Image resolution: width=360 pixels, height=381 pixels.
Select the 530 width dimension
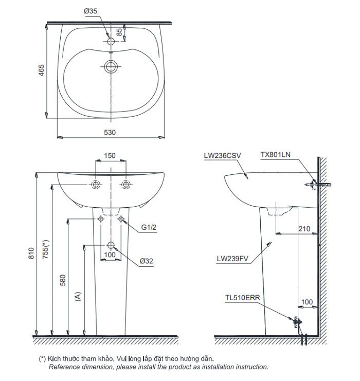coord(110,132)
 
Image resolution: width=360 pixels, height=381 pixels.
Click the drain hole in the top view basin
coord(110,66)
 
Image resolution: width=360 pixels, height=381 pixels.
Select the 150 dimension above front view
coord(110,155)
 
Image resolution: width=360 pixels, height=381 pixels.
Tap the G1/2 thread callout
coord(149,228)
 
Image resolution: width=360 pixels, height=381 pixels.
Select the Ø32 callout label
coord(147,261)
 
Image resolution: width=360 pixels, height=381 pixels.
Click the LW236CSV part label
coord(222,155)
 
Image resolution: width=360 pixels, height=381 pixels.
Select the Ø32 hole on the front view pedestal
coord(110,245)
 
